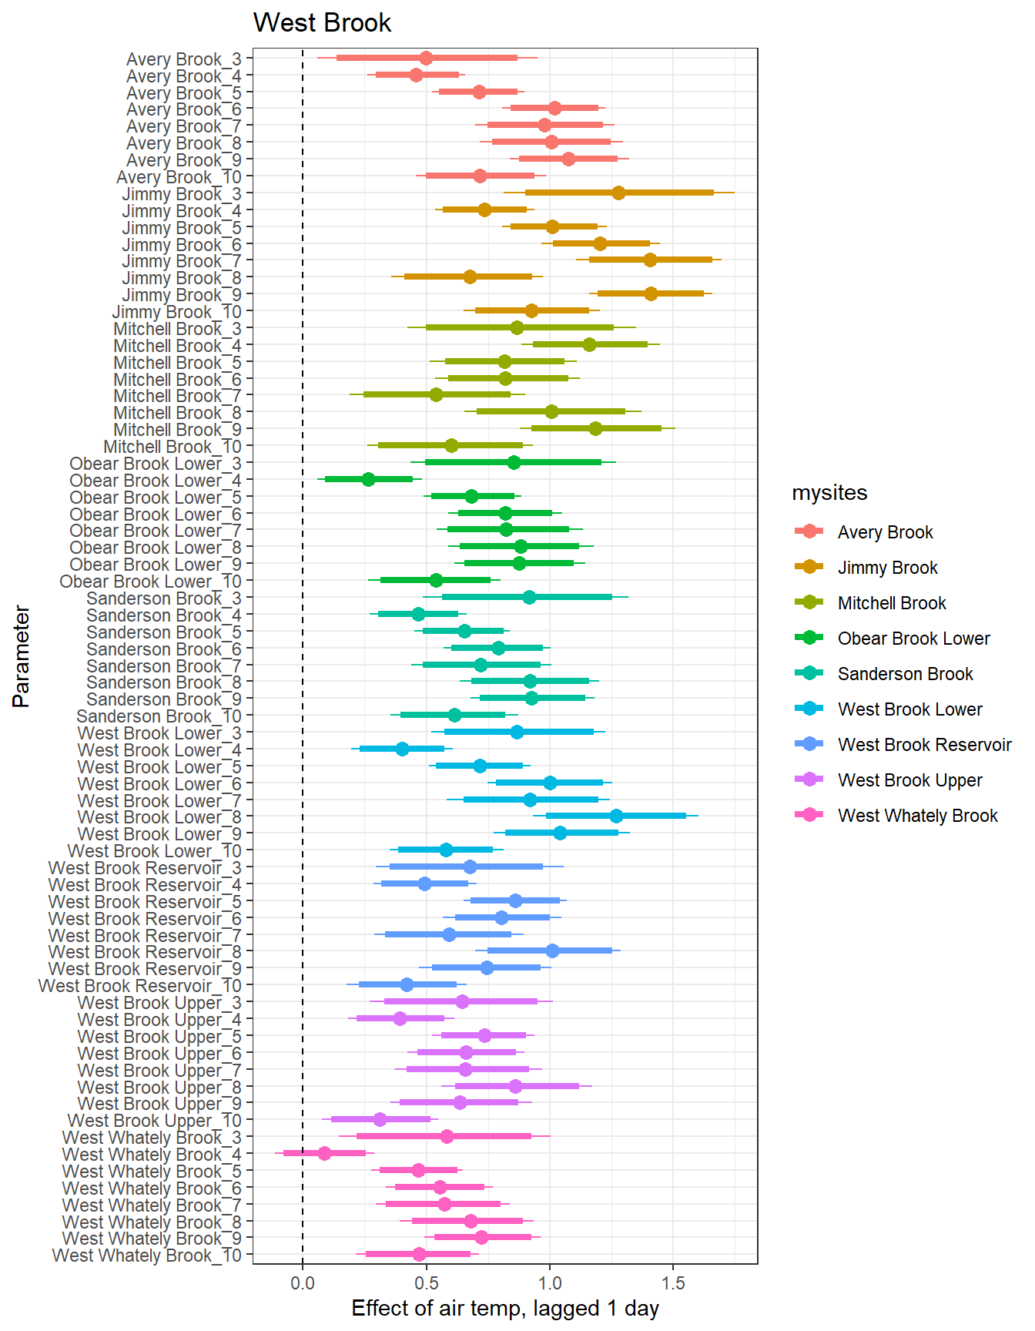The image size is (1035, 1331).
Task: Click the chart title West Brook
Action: click(322, 23)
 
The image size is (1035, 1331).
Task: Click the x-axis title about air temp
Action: click(505, 1309)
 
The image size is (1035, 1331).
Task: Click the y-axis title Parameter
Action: click(22, 656)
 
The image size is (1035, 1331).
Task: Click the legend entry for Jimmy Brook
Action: click(887, 568)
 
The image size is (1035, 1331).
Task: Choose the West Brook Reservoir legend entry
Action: click(924, 745)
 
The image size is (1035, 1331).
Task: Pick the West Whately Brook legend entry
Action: click(917, 816)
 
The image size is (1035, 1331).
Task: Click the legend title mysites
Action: click(829, 493)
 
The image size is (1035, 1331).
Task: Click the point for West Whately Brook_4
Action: click(324, 1153)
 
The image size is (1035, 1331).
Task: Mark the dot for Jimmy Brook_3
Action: click(618, 193)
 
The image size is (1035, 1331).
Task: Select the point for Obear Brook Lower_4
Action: click(368, 479)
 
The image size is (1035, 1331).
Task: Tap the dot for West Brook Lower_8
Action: click(616, 816)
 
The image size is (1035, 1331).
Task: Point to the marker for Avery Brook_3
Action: click(426, 58)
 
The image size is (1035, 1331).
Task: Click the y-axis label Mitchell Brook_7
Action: click(177, 396)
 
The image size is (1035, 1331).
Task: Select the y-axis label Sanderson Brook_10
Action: click(159, 716)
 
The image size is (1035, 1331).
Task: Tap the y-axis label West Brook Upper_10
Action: click(154, 1121)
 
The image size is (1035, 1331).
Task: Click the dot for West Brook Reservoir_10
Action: click(407, 984)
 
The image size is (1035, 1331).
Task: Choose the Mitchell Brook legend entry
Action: click(892, 603)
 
